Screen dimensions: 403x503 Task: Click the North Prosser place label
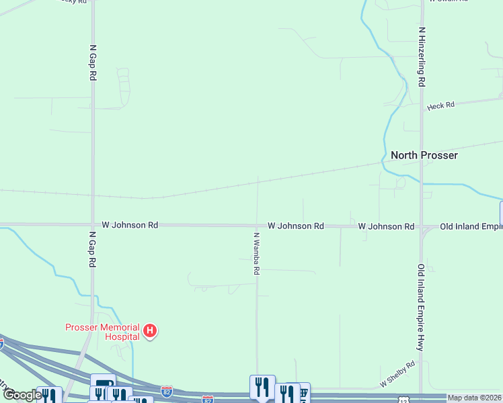[x=424, y=155]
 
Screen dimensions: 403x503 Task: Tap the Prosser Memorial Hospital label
[x=102, y=331]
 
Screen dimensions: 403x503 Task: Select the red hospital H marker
[x=151, y=330]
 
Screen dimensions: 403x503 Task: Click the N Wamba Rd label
[x=256, y=254]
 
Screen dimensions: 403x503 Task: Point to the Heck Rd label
[x=440, y=105]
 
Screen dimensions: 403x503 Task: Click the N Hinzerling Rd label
[x=422, y=56]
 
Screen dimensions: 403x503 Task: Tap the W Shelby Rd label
[x=397, y=373]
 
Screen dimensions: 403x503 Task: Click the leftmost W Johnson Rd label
[x=130, y=225]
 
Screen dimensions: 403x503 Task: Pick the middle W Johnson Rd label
[x=296, y=226]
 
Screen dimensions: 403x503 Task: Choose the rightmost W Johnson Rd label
[x=386, y=227]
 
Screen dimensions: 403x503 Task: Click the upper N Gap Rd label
[x=93, y=63]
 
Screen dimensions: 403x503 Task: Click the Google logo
[x=22, y=395]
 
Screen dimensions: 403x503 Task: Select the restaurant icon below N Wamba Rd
[x=262, y=386]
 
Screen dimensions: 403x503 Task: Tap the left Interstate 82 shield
[x=167, y=390]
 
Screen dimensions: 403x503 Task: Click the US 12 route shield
[x=401, y=400]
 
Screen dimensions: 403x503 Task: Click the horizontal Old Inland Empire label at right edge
[x=471, y=227]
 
